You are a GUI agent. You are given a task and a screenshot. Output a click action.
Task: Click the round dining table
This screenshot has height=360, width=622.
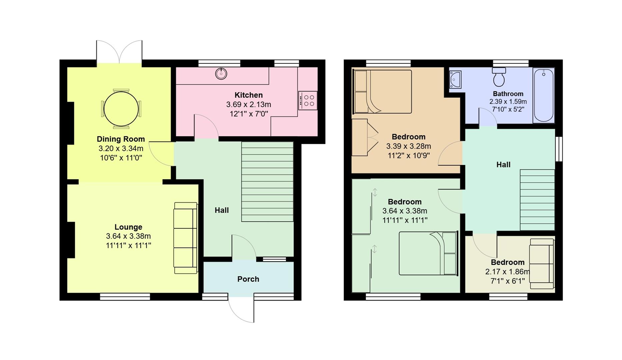[121, 109]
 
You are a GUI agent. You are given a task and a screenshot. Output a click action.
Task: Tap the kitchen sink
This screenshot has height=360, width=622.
[221, 73]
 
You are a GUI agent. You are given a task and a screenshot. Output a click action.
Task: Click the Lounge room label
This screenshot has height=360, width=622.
[128, 227]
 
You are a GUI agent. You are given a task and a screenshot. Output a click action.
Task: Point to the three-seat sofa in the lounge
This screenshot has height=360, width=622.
[185, 238]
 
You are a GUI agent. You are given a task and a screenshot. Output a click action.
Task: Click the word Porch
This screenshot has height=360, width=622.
[248, 279]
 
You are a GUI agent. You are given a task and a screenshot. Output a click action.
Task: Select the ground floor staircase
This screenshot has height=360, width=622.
[267, 182]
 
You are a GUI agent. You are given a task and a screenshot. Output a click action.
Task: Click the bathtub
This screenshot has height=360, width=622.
[543, 95]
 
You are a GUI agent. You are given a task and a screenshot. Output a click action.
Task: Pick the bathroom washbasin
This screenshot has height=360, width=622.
[455, 80]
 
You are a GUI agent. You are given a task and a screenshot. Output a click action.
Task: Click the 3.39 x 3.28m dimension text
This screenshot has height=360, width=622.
[408, 146]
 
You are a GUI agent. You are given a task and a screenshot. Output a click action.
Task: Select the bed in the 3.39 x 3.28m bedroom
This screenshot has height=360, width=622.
[383, 92]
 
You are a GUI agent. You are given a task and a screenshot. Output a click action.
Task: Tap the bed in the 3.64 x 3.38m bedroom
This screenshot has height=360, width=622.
[428, 253]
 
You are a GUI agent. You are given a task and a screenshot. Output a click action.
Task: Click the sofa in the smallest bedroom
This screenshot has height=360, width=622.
[542, 264]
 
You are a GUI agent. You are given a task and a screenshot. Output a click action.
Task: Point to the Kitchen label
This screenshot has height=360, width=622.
[248, 95]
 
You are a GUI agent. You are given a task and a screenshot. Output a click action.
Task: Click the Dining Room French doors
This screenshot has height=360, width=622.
[119, 52]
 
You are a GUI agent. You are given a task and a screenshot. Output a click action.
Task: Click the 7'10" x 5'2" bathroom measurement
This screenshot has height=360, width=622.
[508, 109]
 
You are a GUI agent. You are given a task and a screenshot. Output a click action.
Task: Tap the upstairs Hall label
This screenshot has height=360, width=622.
[503, 165]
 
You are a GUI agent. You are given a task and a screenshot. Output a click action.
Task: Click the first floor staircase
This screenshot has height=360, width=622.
[537, 200]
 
